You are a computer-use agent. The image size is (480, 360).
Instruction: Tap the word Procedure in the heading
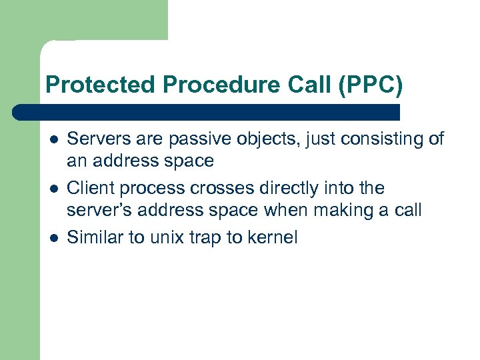coord(203,85)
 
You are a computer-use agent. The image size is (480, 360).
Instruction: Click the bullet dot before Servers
coord(53,140)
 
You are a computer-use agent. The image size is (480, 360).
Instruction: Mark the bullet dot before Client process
coord(53,189)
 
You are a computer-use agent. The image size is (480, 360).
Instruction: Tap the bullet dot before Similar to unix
coord(53,237)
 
